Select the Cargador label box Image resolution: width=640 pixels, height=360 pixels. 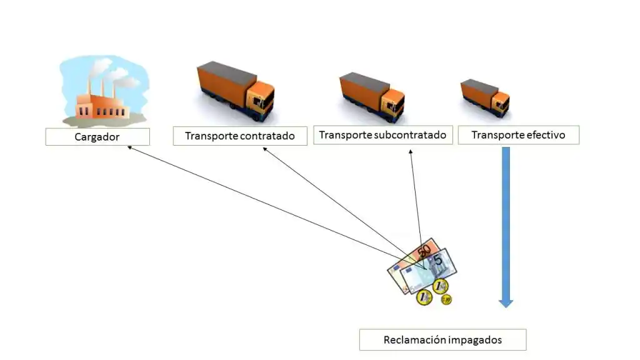pyautogui.click(x=97, y=137)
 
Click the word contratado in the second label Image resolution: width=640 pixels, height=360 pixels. pyautogui.click(x=267, y=136)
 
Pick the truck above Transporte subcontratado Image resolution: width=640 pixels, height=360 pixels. pyautogui.click(x=371, y=97)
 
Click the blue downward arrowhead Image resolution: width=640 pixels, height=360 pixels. pyautogui.click(x=506, y=303)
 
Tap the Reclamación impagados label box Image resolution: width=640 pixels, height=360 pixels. pyautogui.click(x=442, y=340)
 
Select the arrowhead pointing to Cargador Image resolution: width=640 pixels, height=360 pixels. pyautogui.click(x=129, y=147)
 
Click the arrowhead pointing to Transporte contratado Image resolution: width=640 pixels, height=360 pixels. pyautogui.click(x=264, y=149)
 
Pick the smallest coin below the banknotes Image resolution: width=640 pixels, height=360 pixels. pyautogui.click(x=446, y=300)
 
